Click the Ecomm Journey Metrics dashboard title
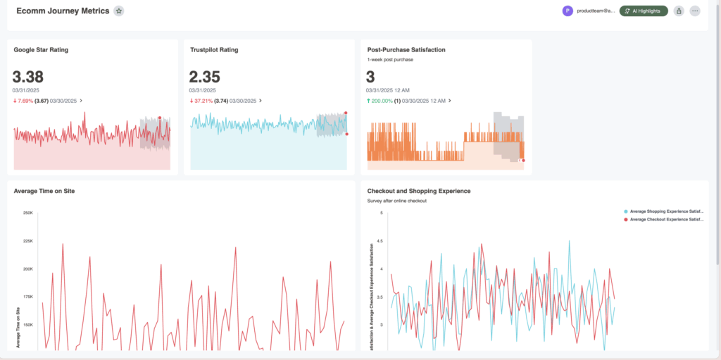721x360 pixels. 63,11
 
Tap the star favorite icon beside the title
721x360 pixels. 119,11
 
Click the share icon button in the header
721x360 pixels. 679,11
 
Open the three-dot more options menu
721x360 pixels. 695,11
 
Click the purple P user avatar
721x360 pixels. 568,11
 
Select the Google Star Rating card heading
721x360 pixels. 41,50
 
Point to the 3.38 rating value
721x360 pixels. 28,77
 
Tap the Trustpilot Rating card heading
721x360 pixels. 214,50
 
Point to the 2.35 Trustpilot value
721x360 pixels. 205,77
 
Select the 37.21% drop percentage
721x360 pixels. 203,101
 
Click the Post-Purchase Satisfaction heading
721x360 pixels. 406,50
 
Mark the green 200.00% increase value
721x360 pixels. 381,101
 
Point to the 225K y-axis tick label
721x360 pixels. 28,241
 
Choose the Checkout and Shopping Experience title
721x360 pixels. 419,191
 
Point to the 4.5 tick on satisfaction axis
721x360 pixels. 380,241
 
